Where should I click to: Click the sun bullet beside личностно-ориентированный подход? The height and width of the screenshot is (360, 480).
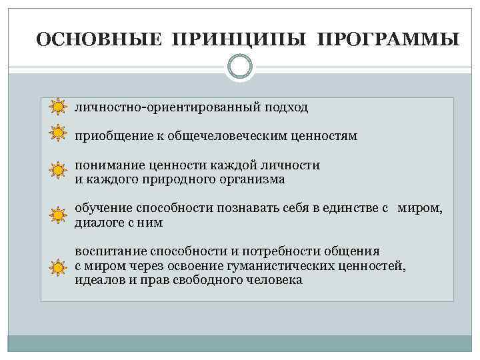point(58,107)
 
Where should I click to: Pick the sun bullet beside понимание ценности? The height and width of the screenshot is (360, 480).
point(58,171)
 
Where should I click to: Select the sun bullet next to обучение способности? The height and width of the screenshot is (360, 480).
point(58,215)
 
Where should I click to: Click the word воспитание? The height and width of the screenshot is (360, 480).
point(109,251)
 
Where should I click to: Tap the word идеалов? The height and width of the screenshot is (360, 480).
point(96,280)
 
